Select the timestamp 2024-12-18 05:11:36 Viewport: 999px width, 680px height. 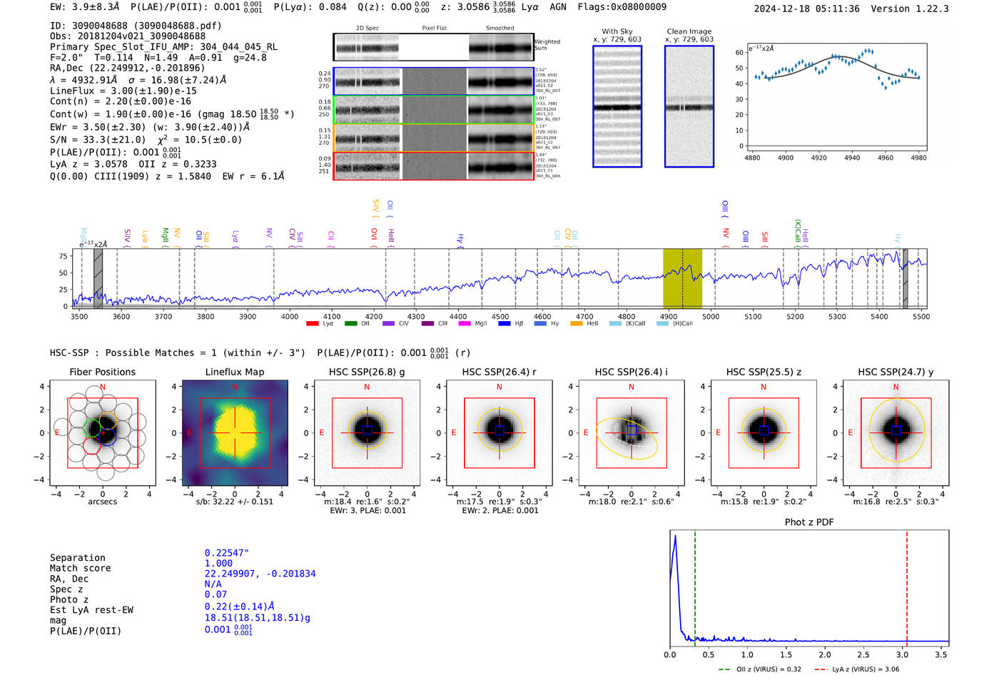(x=806, y=9)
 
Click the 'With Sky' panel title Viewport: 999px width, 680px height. (x=617, y=31)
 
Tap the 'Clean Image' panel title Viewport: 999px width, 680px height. (x=689, y=31)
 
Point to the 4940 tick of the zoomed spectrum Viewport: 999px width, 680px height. (x=852, y=157)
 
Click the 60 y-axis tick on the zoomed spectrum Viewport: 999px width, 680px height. (x=739, y=53)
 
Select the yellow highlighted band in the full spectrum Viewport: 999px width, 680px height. (x=682, y=278)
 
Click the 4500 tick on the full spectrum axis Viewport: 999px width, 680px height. (x=500, y=316)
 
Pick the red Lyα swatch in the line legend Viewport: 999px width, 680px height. (x=312, y=323)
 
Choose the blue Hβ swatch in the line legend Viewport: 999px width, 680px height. (x=504, y=323)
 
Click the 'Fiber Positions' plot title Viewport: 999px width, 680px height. (x=102, y=372)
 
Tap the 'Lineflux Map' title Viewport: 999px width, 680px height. (x=234, y=372)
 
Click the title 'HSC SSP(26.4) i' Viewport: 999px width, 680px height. (x=631, y=372)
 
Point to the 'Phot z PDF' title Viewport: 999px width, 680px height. (x=808, y=522)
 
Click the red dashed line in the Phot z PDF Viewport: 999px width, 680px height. (x=907, y=585)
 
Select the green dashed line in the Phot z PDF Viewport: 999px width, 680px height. (x=694, y=585)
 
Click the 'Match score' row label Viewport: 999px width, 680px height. (x=80, y=568)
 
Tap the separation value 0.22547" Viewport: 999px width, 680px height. (x=226, y=553)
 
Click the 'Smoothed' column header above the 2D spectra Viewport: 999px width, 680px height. (x=499, y=28)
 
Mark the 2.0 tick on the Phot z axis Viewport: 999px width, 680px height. (x=824, y=654)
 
